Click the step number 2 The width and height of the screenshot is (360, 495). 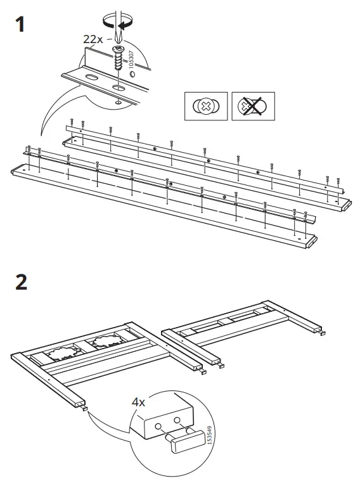click(21, 281)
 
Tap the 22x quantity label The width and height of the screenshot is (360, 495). click(93, 39)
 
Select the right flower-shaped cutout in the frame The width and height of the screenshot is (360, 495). click(104, 343)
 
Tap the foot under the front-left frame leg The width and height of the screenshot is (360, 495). click(84, 409)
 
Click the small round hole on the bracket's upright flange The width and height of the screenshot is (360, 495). click(131, 74)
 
